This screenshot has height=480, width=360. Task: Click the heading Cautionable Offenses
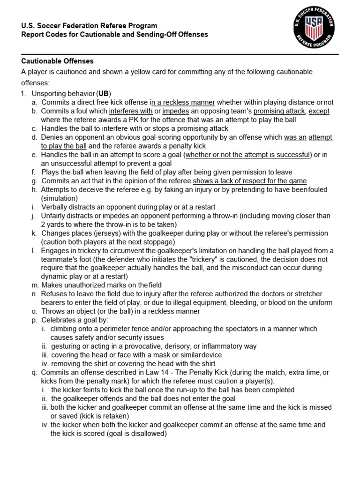[58, 61]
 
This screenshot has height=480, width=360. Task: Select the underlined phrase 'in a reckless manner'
[182, 102]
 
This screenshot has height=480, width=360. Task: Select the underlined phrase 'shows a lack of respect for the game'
[249, 181]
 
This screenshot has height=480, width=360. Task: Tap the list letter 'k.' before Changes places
[34, 233]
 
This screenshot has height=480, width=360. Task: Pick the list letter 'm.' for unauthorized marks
[35, 285]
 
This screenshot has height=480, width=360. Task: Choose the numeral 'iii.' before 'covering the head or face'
[45, 355]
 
